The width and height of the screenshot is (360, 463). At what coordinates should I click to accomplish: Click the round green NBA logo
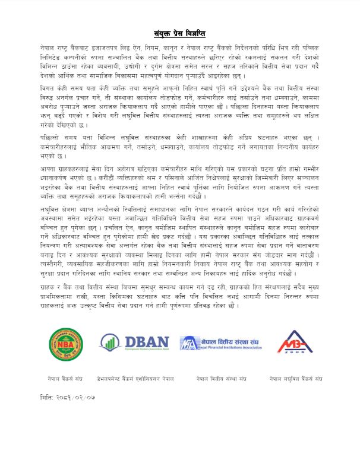66,344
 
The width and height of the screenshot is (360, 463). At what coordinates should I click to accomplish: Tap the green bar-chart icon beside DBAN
108,342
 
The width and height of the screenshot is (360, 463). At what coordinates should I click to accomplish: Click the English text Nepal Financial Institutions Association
226,349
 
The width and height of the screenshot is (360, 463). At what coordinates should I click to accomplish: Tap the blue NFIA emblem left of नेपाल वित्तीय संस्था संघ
188,343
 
